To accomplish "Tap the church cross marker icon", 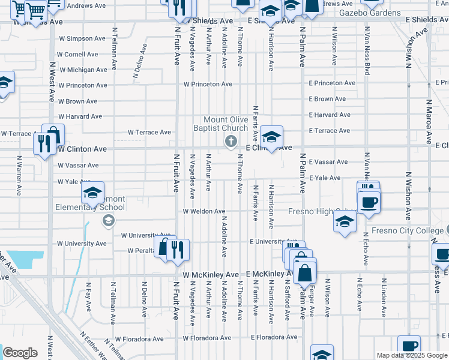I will (230, 142).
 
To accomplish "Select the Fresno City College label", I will (406, 230).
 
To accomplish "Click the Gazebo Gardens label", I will (369, 13).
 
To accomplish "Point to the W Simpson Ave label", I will (82, 38).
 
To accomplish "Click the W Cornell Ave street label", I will (78, 54).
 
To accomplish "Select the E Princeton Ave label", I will (333, 83).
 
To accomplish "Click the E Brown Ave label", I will (327, 99).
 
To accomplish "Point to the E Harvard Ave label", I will (330, 115).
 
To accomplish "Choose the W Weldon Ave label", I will (204, 211).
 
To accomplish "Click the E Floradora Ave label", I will (274, 337).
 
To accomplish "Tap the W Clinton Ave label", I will (82, 149).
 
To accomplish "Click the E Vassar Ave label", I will (328, 162).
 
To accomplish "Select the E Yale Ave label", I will (325, 178).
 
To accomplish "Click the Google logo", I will (20, 353).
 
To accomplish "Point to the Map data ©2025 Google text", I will (412, 355).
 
